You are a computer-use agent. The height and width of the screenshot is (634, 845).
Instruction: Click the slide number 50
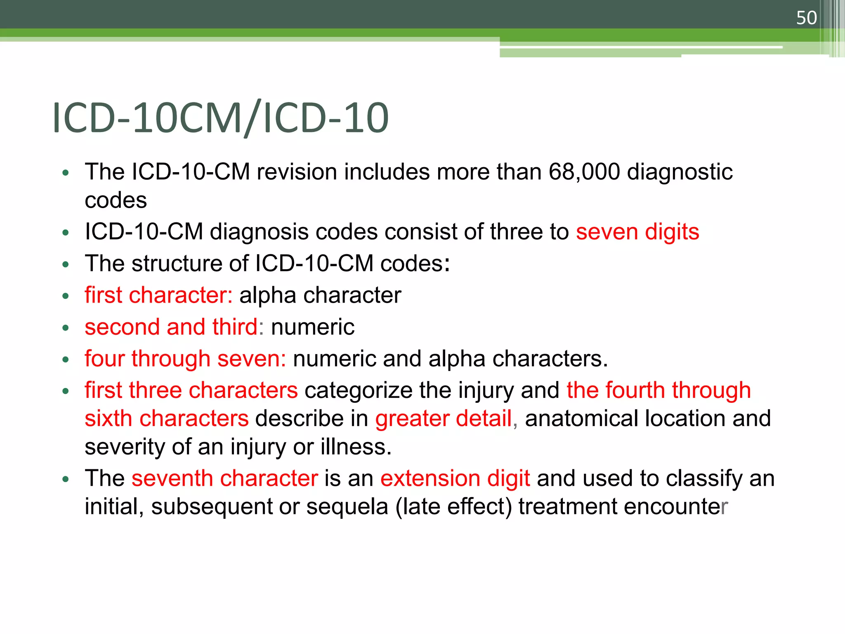806,18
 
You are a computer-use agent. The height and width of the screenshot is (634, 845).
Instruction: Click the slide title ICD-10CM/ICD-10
220,118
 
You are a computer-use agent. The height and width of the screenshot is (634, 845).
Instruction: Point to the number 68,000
584,172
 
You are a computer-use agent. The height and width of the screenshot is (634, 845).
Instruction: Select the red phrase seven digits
637,232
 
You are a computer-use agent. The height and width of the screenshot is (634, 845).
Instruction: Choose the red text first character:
158,295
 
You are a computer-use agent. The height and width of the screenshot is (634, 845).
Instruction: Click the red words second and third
171,327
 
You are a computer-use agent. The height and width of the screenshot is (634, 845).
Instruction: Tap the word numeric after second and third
313,327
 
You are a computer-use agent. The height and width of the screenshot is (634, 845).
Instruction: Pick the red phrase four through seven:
185,358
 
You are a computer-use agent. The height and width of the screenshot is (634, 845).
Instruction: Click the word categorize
358,390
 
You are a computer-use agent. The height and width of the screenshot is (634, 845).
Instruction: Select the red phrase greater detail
444,419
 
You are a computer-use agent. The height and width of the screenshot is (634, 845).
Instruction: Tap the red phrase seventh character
225,478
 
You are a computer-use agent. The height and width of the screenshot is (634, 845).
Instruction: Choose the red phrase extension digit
455,478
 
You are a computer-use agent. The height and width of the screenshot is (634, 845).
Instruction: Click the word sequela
347,507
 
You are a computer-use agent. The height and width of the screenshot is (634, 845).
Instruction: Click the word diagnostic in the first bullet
680,172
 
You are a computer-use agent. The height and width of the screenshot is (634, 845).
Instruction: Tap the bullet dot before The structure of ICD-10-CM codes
65,264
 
